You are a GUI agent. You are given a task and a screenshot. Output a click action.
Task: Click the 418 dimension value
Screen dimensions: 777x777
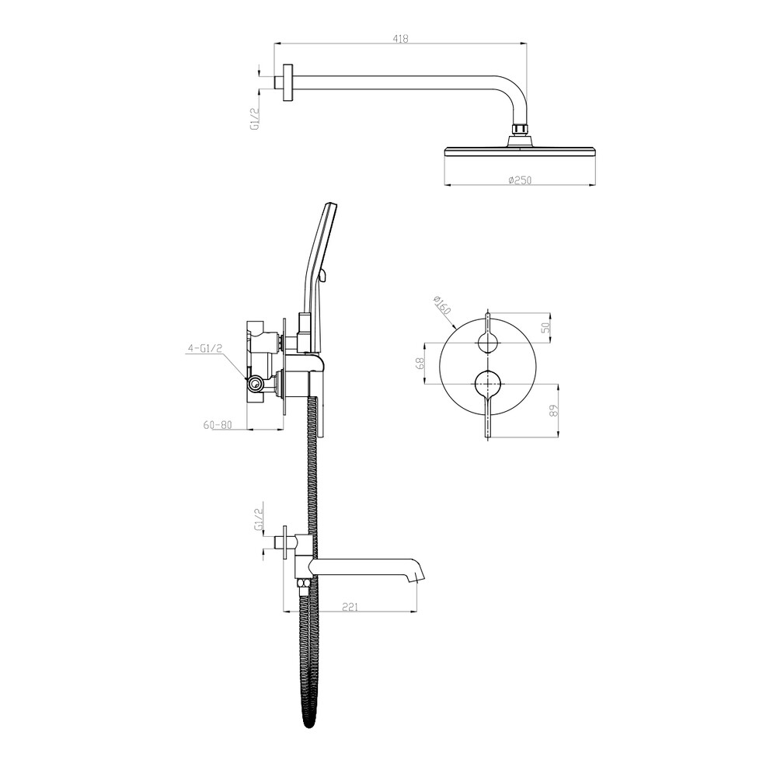pyautogui.click(x=400, y=38)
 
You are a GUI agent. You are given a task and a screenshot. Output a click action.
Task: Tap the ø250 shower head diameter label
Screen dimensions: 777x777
pyautogui.click(x=520, y=180)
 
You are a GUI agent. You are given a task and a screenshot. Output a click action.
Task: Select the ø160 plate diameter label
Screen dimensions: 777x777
pyautogui.click(x=441, y=305)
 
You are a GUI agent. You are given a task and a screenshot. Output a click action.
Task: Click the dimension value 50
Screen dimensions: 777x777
pyautogui.click(x=545, y=327)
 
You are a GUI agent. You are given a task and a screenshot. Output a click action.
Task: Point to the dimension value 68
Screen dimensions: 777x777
pyautogui.click(x=420, y=363)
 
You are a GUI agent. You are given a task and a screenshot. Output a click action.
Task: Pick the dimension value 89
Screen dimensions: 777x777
pyautogui.click(x=554, y=410)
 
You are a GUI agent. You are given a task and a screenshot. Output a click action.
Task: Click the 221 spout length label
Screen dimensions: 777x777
pyautogui.click(x=350, y=606)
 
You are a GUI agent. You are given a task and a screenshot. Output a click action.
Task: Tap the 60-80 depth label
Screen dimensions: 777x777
pyautogui.click(x=218, y=425)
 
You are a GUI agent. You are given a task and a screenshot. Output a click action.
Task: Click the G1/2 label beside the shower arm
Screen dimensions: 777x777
pyautogui.click(x=255, y=119)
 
